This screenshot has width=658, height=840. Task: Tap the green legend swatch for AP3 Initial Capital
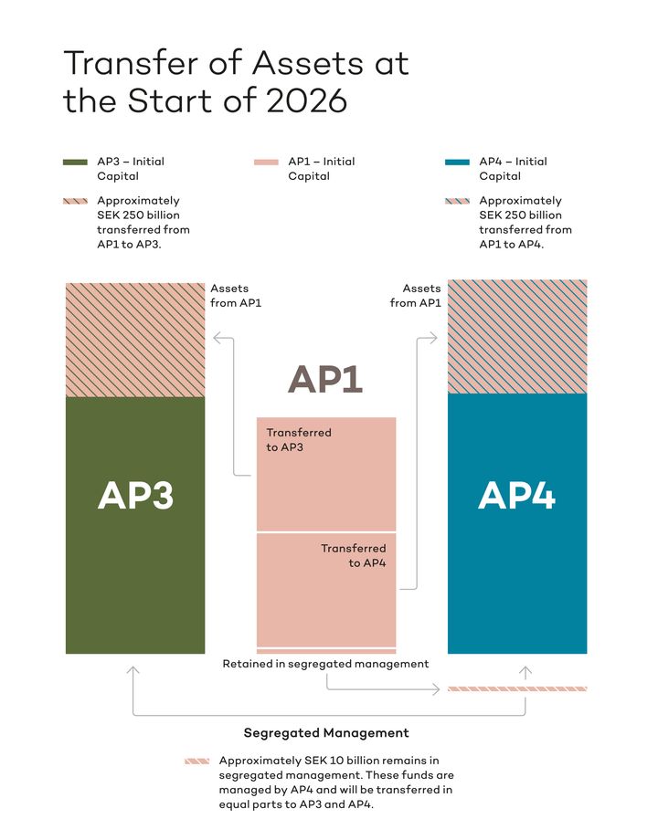click(76, 163)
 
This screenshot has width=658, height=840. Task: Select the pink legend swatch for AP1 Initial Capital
click(266, 163)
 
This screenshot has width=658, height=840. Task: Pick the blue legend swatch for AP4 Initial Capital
click(457, 163)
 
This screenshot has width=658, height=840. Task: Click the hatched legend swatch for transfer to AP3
click(76, 201)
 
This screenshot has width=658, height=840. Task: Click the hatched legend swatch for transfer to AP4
click(457, 201)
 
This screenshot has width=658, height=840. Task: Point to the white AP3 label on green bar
click(135, 495)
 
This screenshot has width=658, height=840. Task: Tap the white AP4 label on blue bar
click(516, 495)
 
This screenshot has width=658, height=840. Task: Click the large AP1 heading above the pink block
click(325, 379)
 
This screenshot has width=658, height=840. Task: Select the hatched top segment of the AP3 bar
click(135, 340)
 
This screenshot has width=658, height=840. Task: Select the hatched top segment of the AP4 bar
click(516, 336)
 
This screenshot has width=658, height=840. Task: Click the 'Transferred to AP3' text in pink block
click(298, 439)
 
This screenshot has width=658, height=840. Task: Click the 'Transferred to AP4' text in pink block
click(354, 555)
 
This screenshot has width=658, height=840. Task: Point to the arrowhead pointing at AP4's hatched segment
click(436, 339)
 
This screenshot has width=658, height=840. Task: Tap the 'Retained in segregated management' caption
click(325, 664)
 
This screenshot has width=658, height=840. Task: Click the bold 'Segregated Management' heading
click(325, 732)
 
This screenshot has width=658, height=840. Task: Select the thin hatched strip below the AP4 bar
click(516, 688)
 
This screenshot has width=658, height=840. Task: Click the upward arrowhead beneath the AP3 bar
click(133, 671)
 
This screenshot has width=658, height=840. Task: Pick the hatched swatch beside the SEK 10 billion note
click(196, 761)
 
